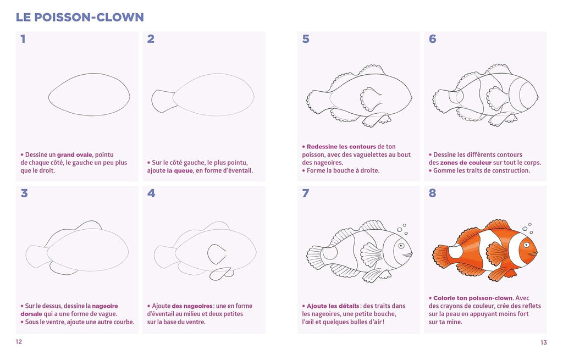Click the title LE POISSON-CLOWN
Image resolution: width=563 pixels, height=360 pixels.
80,17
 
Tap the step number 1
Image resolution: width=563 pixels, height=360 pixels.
23,39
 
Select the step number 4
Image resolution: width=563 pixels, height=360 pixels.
151,193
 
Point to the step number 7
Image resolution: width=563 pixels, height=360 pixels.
306,193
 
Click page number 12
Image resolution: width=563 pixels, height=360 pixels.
19,342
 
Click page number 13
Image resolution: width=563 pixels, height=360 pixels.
543,342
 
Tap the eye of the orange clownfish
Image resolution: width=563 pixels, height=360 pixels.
528,246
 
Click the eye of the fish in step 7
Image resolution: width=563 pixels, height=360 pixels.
402,246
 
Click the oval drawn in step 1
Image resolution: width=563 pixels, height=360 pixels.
89,95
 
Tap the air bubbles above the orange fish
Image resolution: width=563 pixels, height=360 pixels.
528,228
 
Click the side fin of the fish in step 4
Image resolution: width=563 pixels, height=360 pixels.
217,254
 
